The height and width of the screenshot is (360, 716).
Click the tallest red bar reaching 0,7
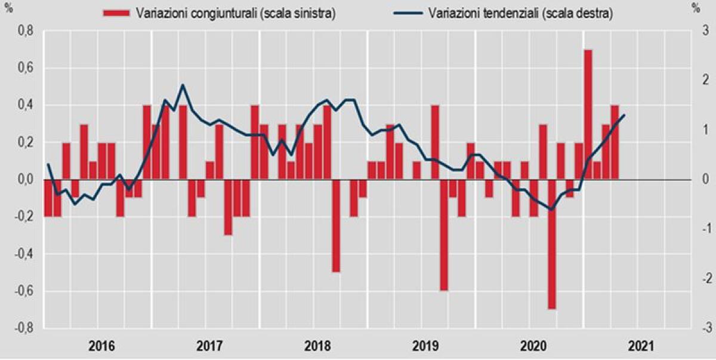[x=588, y=114]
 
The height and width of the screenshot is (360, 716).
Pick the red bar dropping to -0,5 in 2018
[x=336, y=226]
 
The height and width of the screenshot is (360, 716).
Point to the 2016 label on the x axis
[x=102, y=346]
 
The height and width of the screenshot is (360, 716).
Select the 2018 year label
[x=317, y=346]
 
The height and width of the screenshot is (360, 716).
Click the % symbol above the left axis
[x=8, y=8]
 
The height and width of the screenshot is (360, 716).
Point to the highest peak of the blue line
[x=183, y=85]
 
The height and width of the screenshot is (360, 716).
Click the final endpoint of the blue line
[x=624, y=115]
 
